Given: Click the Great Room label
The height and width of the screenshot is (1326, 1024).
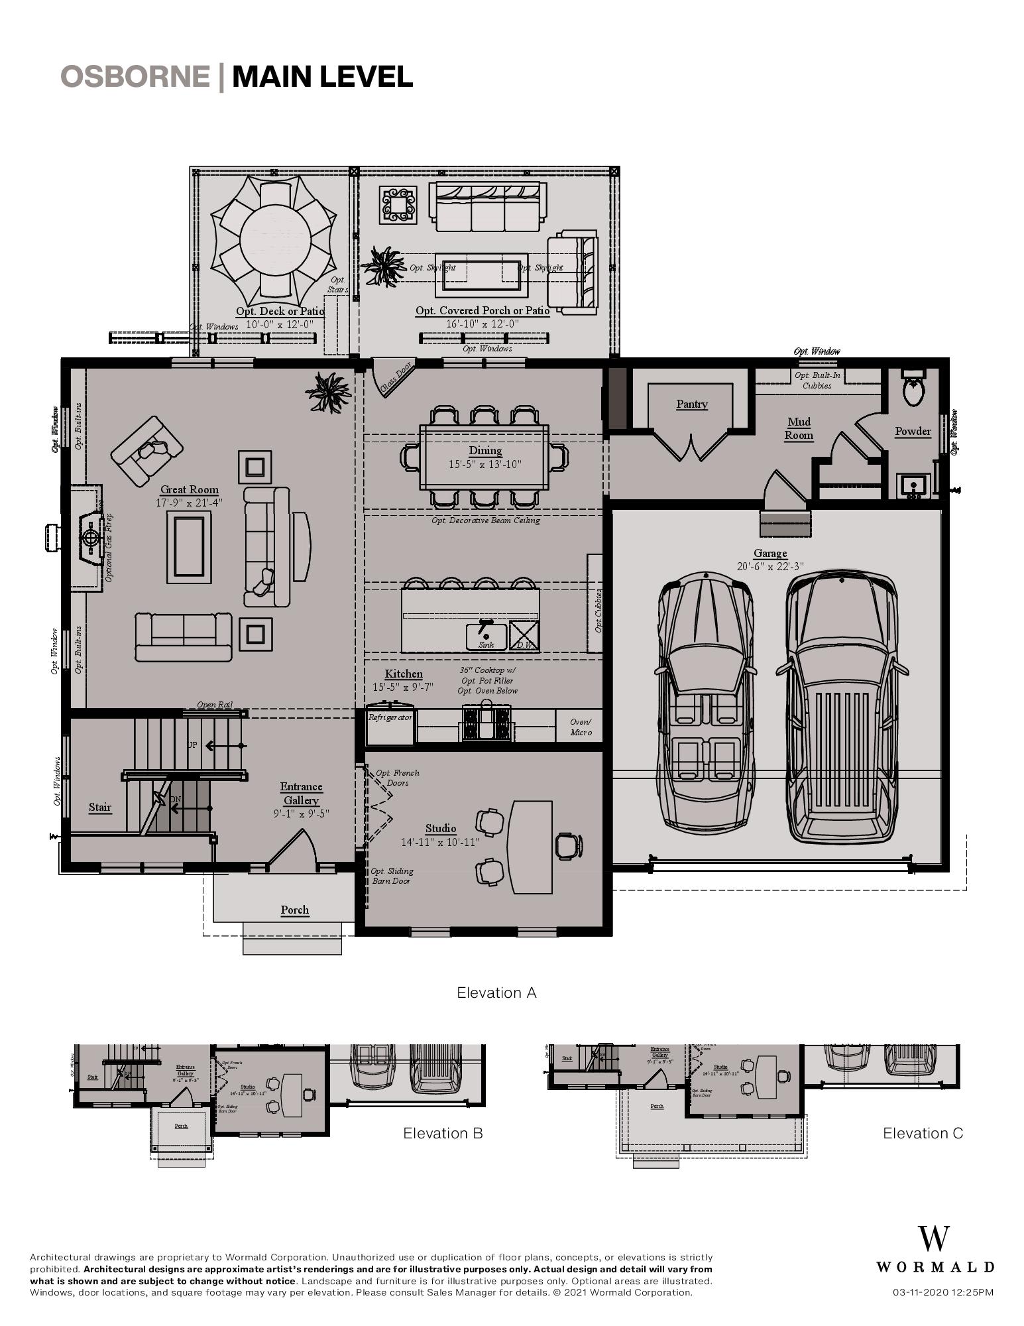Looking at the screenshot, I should [189, 490].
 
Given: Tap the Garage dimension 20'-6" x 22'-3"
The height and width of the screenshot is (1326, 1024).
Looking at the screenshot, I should [769, 566].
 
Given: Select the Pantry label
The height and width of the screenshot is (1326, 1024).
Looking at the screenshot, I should [692, 404].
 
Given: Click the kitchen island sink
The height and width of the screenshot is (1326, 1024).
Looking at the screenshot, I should [486, 633].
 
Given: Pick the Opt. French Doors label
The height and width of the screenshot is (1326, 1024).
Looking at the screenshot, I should [398, 778].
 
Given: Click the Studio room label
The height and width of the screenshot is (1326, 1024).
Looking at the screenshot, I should [441, 828].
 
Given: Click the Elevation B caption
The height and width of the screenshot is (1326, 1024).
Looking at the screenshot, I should [443, 1133].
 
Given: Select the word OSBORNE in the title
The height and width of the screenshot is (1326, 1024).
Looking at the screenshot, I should [135, 76].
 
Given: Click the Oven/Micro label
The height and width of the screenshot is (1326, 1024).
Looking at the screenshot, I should [581, 727].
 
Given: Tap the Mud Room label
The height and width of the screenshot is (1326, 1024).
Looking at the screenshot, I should [799, 428].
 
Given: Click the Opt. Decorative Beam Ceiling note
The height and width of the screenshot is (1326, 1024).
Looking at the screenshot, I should [485, 520].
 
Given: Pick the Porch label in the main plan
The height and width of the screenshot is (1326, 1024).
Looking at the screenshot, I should [294, 910].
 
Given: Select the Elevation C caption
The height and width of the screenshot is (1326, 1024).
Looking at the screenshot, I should [923, 1133].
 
